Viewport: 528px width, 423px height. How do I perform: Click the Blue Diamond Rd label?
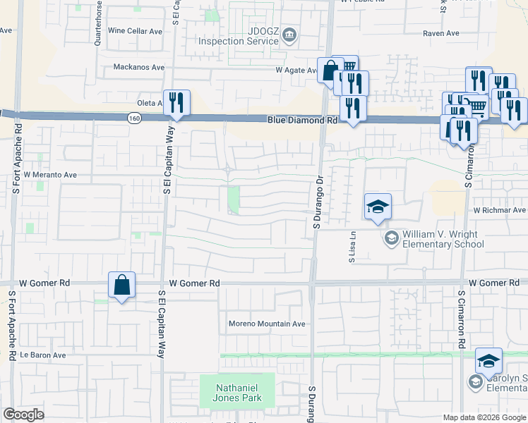pos(301,121)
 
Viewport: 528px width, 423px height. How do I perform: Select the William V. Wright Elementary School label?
pos(443,239)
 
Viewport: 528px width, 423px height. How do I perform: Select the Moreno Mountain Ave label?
pos(267,324)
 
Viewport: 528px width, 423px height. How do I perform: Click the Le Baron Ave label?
pos(42,355)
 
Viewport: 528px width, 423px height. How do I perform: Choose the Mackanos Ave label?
pos(139,68)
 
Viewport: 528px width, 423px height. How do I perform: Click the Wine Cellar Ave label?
pos(136,31)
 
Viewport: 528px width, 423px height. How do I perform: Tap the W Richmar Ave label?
pos(500,210)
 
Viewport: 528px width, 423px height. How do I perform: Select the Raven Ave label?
pos(441,33)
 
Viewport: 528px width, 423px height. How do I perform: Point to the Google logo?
pos(24,415)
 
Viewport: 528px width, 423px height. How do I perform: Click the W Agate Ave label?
pos(299,70)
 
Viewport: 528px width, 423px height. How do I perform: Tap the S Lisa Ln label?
pos(352,249)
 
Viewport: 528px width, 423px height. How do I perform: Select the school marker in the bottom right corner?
pos(488,360)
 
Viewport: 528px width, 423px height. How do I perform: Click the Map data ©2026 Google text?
pos(484,417)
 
